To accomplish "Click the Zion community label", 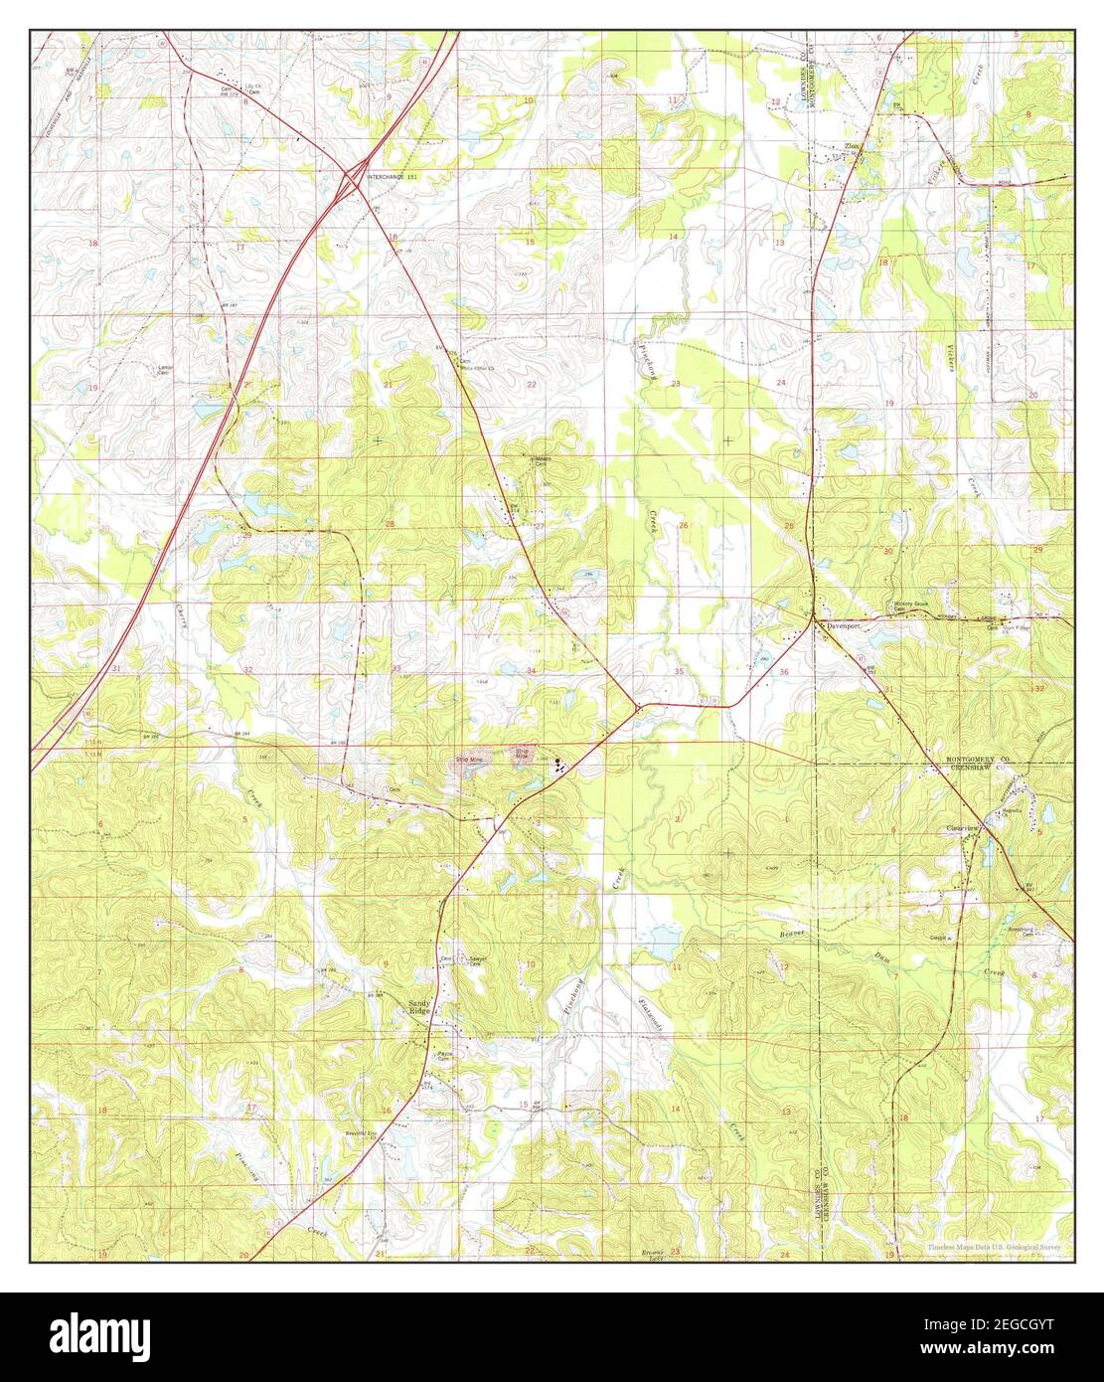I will click(x=852, y=146).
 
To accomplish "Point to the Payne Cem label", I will click(x=444, y=1056).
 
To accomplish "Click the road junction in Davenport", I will click(x=816, y=620).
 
